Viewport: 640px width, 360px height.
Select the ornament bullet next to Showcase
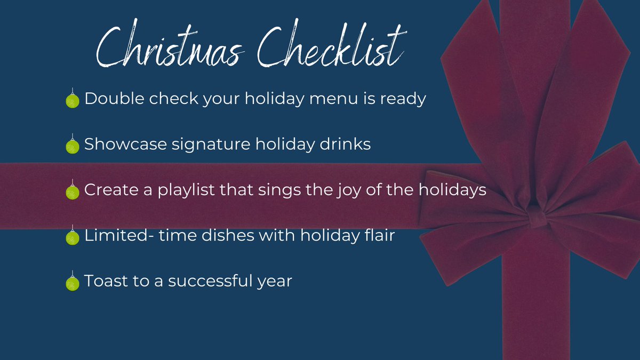[72, 146]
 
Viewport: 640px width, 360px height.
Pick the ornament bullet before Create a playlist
[72, 191]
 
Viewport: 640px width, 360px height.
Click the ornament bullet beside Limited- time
[72, 236]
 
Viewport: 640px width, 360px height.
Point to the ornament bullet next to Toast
[72, 282]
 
